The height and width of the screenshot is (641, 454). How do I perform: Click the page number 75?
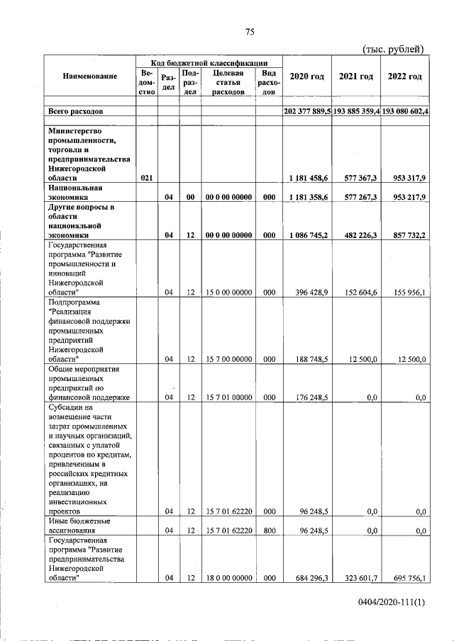(250, 31)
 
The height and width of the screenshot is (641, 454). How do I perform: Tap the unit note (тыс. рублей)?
(393, 49)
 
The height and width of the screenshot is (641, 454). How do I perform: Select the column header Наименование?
(89, 76)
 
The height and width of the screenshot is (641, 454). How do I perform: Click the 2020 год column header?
(307, 76)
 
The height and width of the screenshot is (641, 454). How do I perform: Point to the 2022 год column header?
(404, 76)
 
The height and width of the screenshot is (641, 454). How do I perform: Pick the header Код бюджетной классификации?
(209, 62)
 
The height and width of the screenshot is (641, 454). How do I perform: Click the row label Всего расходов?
(75, 112)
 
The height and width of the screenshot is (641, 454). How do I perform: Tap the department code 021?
(147, 178)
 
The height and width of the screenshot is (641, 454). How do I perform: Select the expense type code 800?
(269, 530)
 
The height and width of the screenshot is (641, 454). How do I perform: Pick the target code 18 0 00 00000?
(228, 579)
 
